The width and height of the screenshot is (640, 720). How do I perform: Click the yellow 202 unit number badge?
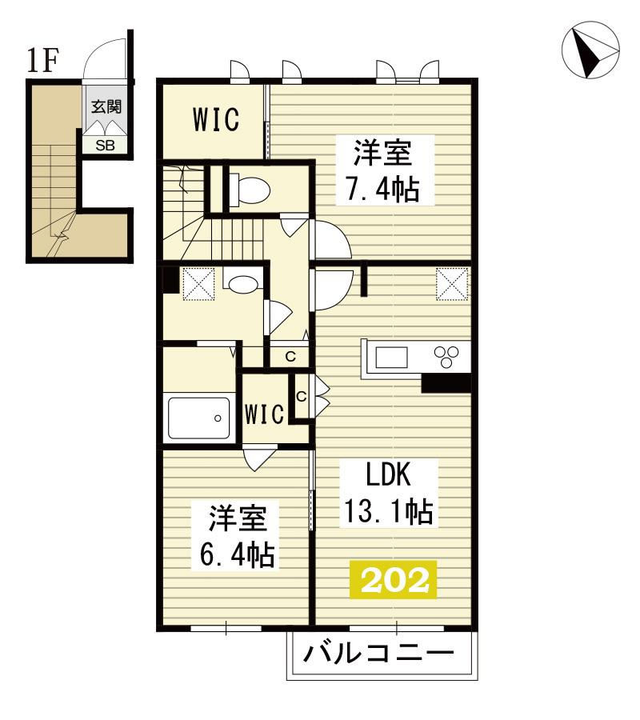[x=393, y=579]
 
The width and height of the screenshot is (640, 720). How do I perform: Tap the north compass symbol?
[x=591, y=50]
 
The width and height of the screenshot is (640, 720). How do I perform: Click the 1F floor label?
[x=42, y=61]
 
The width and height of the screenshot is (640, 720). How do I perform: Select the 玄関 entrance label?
[x=106, y=106]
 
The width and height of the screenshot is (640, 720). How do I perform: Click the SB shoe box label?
[x=105, y=146]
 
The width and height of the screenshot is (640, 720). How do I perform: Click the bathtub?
[x=198, y=418]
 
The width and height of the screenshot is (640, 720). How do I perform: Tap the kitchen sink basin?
[x=392, y=358]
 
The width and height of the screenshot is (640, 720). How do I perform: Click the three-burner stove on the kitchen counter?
[x=446, y=357]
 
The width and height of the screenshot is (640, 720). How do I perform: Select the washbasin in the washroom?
[x=243, y=283]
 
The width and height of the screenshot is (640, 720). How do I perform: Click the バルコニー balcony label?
[x=378, y=653]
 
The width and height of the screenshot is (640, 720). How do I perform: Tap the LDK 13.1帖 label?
[x=389, y=494]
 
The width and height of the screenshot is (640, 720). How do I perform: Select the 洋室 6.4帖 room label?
[x=238, y=536]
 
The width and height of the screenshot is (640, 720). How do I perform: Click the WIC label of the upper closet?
[x=216, y=119]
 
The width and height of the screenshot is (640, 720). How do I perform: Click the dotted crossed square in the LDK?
[x=452, y=284]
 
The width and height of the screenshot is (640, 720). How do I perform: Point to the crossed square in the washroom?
[x=198, y=284]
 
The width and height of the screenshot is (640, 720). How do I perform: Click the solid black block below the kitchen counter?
[x=446, y=383]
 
